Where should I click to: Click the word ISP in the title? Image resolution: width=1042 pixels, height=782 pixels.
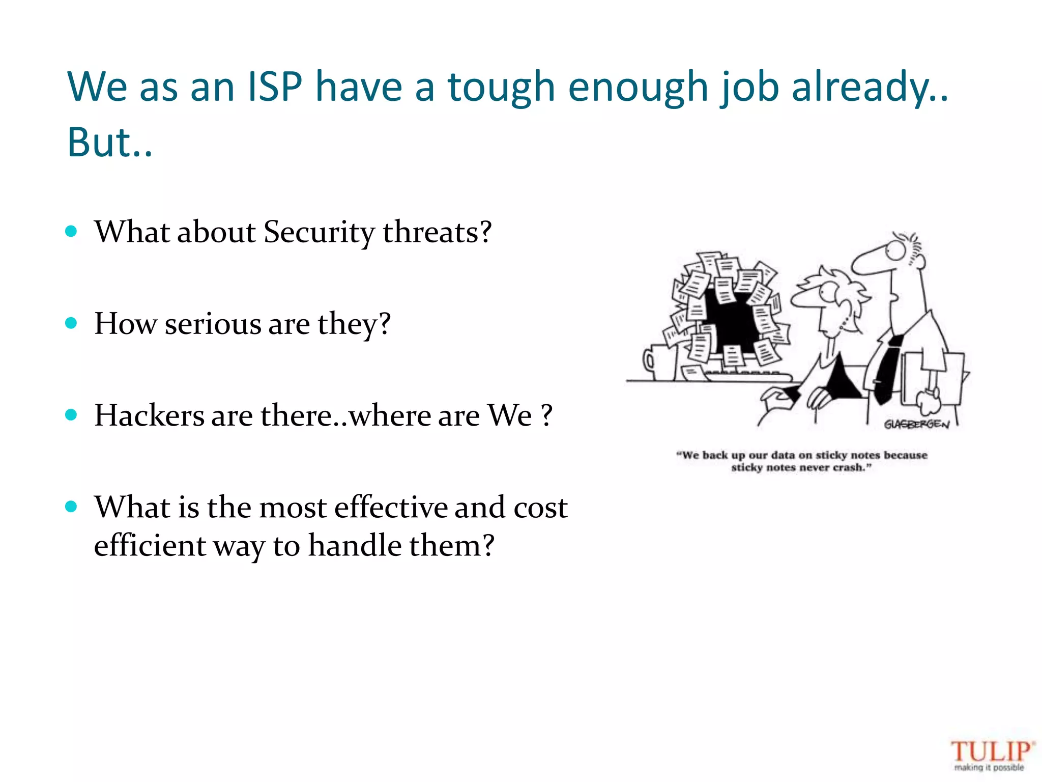(x=275, y=87)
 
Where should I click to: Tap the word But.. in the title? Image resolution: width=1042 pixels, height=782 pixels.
(x=109, y=143)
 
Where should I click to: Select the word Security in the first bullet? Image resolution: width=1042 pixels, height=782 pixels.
(x=319, y=232)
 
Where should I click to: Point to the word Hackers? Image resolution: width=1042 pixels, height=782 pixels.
(x=149, y=415)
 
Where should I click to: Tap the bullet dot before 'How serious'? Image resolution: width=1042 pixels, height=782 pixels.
(x=72, y=323)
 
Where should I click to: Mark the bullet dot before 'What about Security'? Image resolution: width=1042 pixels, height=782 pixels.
(x=72, y=232)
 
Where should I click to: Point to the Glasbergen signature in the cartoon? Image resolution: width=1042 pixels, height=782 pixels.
(x=916, y=424)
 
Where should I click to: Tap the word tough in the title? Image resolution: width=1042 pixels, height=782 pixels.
(x=501, y=87)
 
